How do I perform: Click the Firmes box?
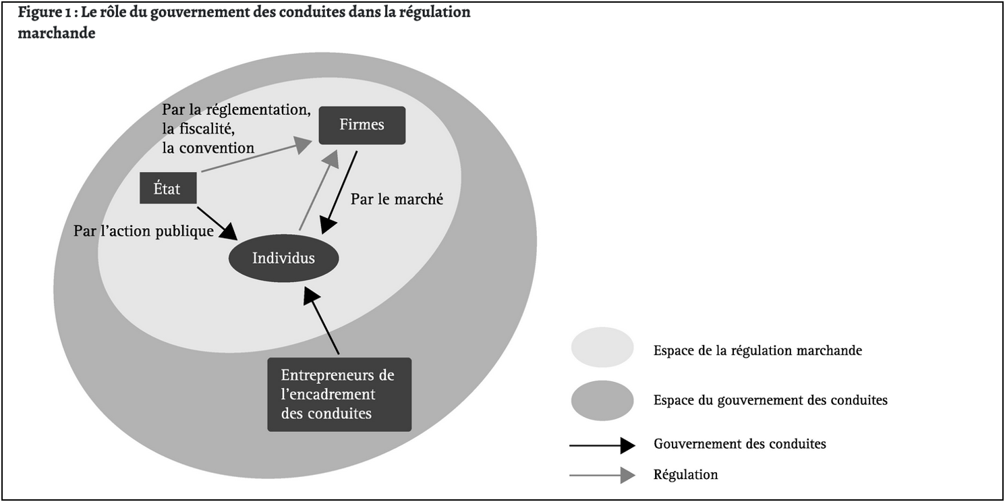[x=362, y=125]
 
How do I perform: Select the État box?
[x=168, y=189]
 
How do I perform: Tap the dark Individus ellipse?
[x=283, y=258]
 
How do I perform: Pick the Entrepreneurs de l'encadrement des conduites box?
[x=339, y=395]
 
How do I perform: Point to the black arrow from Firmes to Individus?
[x=339, y=192]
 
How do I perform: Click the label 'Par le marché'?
[x=397, y=200]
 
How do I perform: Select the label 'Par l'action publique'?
[x=143, y=231]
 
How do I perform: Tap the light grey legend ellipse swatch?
[x=602, y=347]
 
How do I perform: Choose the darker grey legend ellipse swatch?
[x=602, y=400]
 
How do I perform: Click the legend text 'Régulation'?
[x=685, y=475]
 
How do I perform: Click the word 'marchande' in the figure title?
[x=57, y=34]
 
